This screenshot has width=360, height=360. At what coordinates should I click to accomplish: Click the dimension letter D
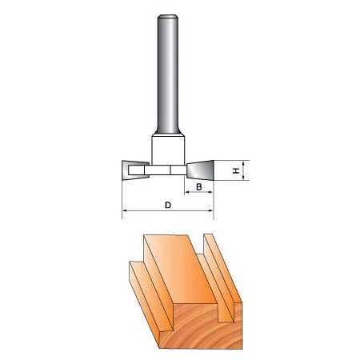coord(168,205)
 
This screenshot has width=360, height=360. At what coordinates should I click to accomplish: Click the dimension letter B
coord(199,187)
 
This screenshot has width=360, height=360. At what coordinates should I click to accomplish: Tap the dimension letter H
coord(235,170)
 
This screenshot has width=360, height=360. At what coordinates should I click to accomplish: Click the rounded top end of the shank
coord(168,17)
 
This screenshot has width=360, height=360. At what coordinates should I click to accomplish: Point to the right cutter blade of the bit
coord(200,170)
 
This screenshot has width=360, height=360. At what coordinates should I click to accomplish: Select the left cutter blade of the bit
coord(135,170)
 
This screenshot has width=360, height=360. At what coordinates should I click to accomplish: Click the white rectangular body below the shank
coord(168,150)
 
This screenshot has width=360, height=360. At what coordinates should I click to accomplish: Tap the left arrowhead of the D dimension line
coord(125,210)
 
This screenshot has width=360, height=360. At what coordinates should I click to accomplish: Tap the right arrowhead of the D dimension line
coord(211,210)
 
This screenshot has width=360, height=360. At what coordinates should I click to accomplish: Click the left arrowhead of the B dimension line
coord(187,192)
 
